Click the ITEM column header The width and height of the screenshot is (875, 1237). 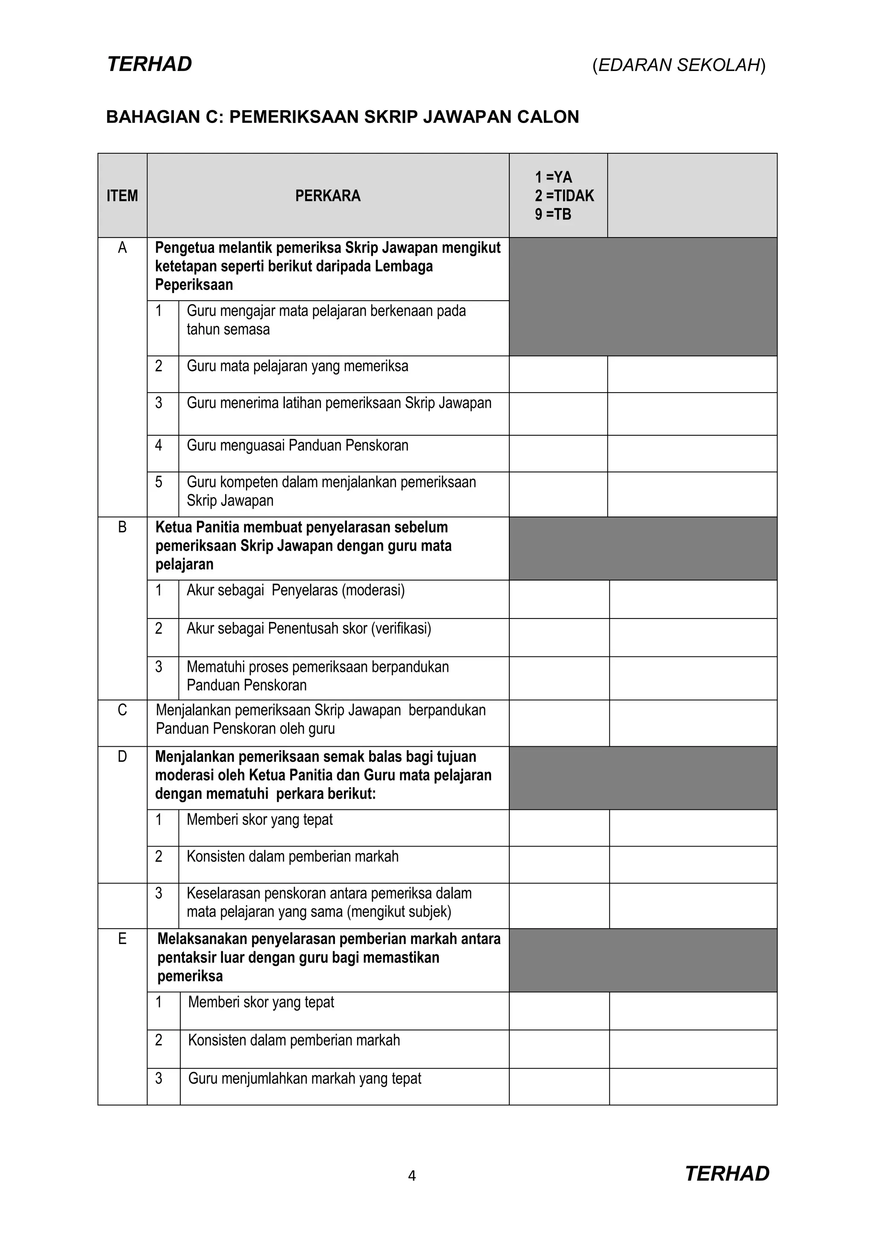coord(122,196)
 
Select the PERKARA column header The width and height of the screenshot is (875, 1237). coord(328,196)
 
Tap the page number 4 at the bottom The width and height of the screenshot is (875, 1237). coord(411,1175)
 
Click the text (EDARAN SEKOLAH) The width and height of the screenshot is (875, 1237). coord(679,65)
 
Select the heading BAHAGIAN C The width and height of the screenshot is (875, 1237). coord(342,117)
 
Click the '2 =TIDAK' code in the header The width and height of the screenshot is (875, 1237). coord(564,196)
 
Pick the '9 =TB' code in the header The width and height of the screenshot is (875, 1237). coord(553,214)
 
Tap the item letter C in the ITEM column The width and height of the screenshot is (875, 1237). coord(122,710)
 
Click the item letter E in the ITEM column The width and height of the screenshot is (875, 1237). coord(122,938)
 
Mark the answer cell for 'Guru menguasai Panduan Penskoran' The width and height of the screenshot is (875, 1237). coord(558,454)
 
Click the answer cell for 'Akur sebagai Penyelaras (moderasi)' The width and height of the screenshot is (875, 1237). coord(559,599)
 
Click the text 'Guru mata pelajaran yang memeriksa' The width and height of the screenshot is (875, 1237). coord(297,366)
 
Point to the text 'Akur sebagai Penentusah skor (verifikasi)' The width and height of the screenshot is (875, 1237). coord(309,628)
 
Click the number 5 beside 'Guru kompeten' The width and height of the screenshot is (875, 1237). coord(159,482)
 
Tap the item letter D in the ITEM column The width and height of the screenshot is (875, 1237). coord(122,756)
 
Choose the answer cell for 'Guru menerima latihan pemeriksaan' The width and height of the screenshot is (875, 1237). coord(558,414)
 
